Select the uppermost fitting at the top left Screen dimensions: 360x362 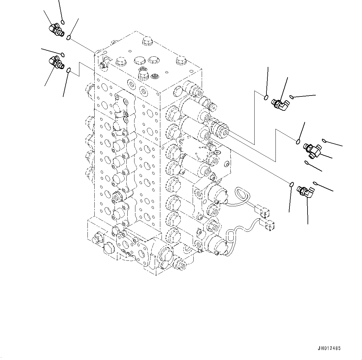tap(56, 30)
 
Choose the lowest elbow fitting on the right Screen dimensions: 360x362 tap(304, 191)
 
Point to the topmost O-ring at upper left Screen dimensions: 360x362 tap(63, 22)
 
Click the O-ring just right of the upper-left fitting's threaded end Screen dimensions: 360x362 tap(68, 38)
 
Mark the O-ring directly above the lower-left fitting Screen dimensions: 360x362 tap(63, 55)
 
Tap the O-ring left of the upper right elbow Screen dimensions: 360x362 tap(266, 98)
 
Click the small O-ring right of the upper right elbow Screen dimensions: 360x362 tap(291, 97)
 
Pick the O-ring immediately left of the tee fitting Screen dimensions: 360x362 tap(298, 142)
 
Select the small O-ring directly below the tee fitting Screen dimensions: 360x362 tap(307, 162)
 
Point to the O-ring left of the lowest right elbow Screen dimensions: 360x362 tap(291, 185)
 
